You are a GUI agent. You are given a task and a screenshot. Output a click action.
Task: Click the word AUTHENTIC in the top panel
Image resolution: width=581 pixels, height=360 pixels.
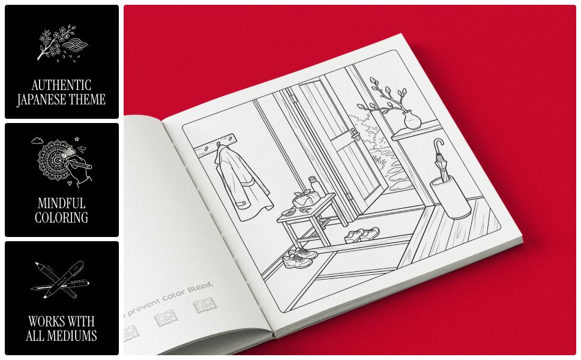click(61, 85)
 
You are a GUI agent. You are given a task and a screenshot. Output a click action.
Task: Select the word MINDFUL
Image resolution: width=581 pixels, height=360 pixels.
click(61, 203)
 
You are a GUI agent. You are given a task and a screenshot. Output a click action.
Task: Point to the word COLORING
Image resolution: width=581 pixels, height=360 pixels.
click(61, 218)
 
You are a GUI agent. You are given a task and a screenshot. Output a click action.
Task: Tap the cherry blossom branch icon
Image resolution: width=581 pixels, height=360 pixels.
click(61, 43)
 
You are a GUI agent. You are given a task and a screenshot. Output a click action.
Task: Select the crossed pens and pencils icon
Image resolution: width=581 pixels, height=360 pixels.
click(61, 279)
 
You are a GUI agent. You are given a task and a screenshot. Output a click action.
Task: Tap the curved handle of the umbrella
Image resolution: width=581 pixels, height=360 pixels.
click(438, 147)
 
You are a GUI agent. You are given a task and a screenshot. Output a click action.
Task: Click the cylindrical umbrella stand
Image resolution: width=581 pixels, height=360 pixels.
click(450, 194)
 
